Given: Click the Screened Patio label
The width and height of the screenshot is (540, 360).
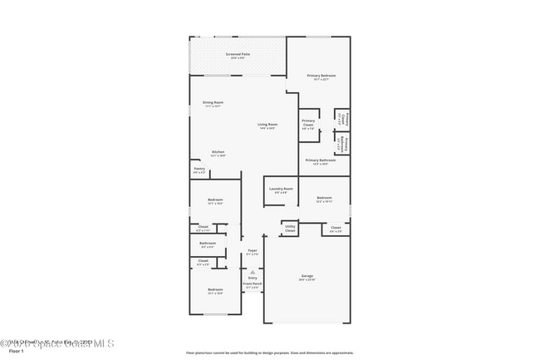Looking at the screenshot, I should point(238,54).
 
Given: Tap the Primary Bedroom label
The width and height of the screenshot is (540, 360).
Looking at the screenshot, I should point(318,76).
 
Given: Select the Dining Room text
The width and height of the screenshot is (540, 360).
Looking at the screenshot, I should point(214,102).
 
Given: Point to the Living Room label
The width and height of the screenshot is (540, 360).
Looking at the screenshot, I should point(267,124).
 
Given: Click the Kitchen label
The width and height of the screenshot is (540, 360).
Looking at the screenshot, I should point(218,151).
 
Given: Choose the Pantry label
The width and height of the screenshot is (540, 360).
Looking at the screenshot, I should point(199,169).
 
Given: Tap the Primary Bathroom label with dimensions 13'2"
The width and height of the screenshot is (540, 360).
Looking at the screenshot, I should point(321,160).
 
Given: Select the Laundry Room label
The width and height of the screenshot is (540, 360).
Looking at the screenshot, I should point(282,189).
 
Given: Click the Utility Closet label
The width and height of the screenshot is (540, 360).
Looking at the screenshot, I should point(290,227).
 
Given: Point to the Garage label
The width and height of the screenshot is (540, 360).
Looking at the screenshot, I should point(307,275).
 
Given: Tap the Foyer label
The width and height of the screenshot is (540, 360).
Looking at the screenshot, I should point(253,250).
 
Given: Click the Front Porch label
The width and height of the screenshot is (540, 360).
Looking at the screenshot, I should point(252,284).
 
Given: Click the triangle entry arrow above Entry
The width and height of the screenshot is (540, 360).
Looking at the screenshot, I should point(253,271).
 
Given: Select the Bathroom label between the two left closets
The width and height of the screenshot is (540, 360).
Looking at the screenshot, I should point(208,243).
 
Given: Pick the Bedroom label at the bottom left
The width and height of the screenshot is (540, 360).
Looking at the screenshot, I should point(214,289).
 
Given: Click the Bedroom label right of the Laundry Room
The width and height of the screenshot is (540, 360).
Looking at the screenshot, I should point(324,198).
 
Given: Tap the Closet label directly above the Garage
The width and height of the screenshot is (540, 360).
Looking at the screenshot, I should point(336,227).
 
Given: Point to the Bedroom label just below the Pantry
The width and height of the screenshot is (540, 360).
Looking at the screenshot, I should point(214,200).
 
